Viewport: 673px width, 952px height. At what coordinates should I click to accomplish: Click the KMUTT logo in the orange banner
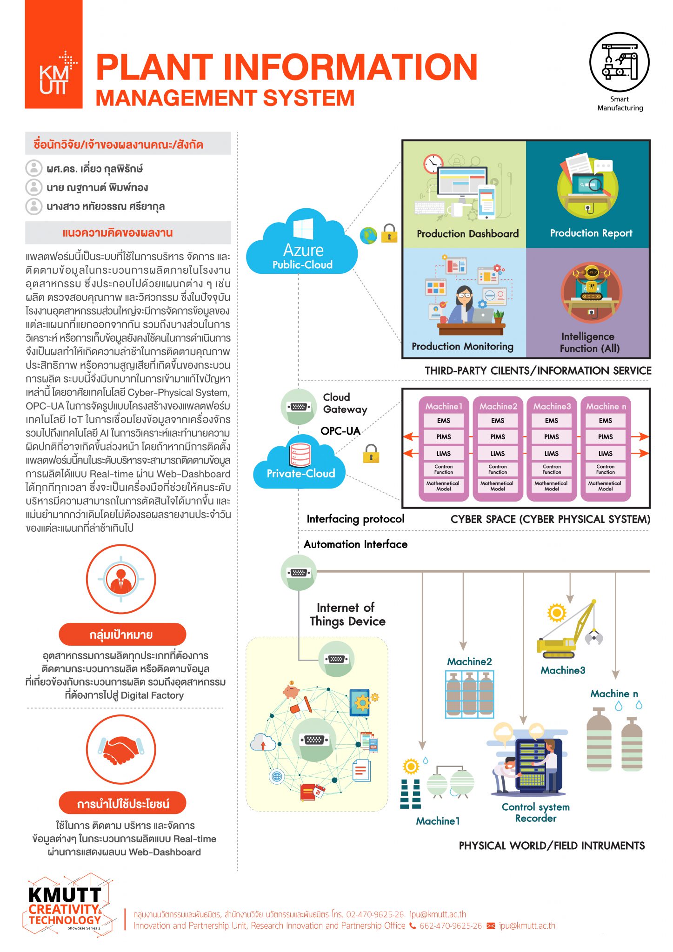tap(54, 74)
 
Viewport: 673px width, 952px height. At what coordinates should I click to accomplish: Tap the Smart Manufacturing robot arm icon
tap(619, 62)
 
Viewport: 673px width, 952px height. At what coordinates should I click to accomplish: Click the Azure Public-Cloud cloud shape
tap(302, 244)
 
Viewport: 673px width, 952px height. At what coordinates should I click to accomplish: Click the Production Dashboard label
tap(467, 234)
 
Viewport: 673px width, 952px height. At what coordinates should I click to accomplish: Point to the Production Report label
tap(591, 233)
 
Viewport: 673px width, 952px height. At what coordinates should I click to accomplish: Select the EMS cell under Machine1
tap(443, 420)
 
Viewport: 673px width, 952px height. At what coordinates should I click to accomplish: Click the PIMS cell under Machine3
tap(551, 437)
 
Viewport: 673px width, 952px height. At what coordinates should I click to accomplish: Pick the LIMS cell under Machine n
tap(605, 453)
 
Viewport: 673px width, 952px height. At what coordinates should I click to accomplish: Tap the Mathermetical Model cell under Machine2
tap(497, 486)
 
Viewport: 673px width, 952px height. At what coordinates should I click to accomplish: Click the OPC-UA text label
tap(340, 431)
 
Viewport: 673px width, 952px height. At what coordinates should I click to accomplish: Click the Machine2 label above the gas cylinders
tap(469, 661)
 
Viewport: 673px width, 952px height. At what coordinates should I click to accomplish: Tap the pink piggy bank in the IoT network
tap(291, 692)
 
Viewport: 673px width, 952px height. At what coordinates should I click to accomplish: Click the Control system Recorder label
tap(535, 813)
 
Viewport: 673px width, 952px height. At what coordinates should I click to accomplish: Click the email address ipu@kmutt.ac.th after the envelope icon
tap(527, 926)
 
